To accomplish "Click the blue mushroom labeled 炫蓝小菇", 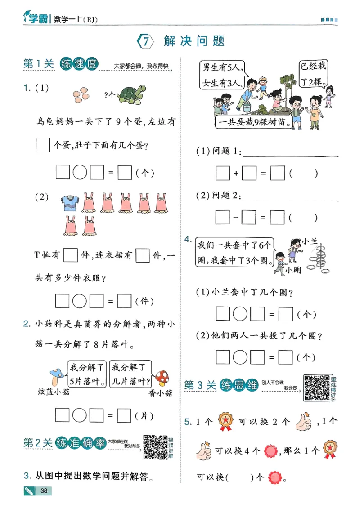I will click(58, 374).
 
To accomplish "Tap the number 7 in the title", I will click(145, 41).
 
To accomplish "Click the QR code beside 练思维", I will click(316, 387).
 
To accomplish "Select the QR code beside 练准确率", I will click(155, 447).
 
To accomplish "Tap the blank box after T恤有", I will click(71, 255).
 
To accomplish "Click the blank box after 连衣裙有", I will click(142, 255).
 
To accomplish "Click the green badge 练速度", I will click(79, 65).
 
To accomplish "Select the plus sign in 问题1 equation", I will click(235, 174).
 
